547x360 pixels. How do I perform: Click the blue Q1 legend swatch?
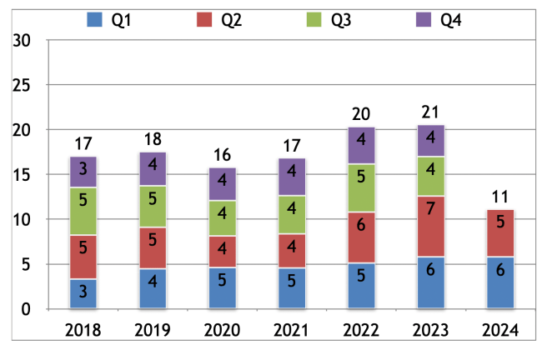[x=95, y=19]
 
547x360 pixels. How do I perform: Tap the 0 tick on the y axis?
[x=28, y=310]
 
